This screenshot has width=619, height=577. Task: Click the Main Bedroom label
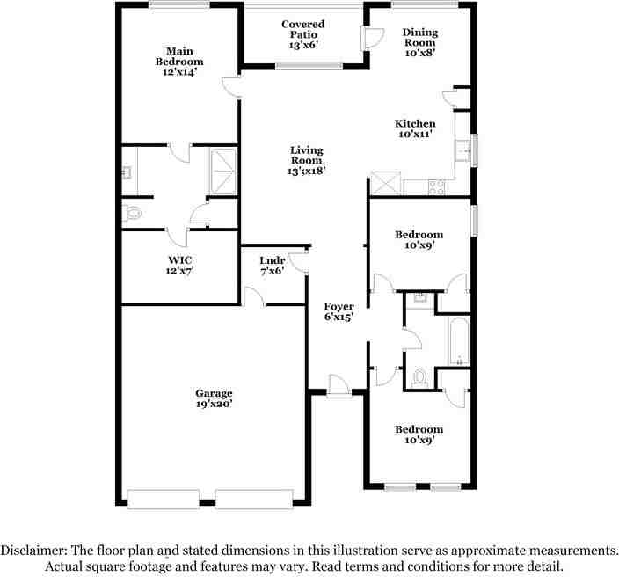(179, 62)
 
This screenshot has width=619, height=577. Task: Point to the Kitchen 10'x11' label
(415, 129)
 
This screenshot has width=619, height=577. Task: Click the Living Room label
(308, 160)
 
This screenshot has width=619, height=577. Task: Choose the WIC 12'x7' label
(180, 266)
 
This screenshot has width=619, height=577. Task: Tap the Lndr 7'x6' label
(271, 266)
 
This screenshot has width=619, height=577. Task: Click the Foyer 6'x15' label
(338, 311)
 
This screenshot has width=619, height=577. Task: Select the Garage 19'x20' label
(214, 398)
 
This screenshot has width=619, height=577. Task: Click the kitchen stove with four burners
(437, 186)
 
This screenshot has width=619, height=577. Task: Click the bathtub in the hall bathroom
(457, 340)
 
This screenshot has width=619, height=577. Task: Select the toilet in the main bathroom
(133, 212)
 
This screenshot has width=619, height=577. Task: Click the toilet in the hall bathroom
(420, 376)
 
